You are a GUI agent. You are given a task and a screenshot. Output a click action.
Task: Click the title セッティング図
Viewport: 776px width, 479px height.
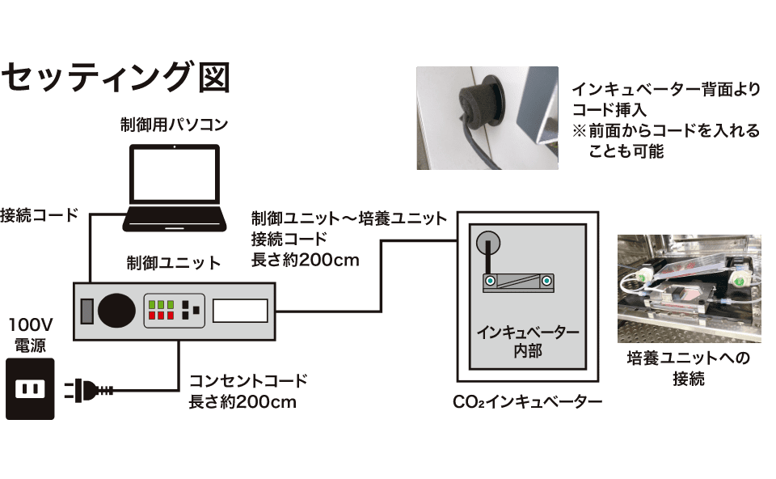click(x=116, y=78)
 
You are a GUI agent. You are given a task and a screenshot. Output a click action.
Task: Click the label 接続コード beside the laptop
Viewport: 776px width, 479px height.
click(x=39, y=215)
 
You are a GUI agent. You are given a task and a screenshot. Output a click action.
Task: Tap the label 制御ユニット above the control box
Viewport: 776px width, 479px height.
click(x=173, y=263)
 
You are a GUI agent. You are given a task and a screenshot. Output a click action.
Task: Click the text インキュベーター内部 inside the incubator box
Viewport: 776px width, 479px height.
click(x=527, y=341)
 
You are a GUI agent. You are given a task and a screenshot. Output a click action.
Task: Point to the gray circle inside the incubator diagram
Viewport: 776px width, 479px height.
click(x=487, y=244)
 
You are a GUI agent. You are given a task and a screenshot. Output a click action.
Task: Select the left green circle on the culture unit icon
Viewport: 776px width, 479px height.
click(x=490, y=281)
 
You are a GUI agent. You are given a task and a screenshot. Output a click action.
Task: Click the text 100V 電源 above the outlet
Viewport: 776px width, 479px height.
click(x=30, y=335)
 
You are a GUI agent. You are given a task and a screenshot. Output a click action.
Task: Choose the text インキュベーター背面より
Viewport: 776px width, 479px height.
click(x=665, y=91)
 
